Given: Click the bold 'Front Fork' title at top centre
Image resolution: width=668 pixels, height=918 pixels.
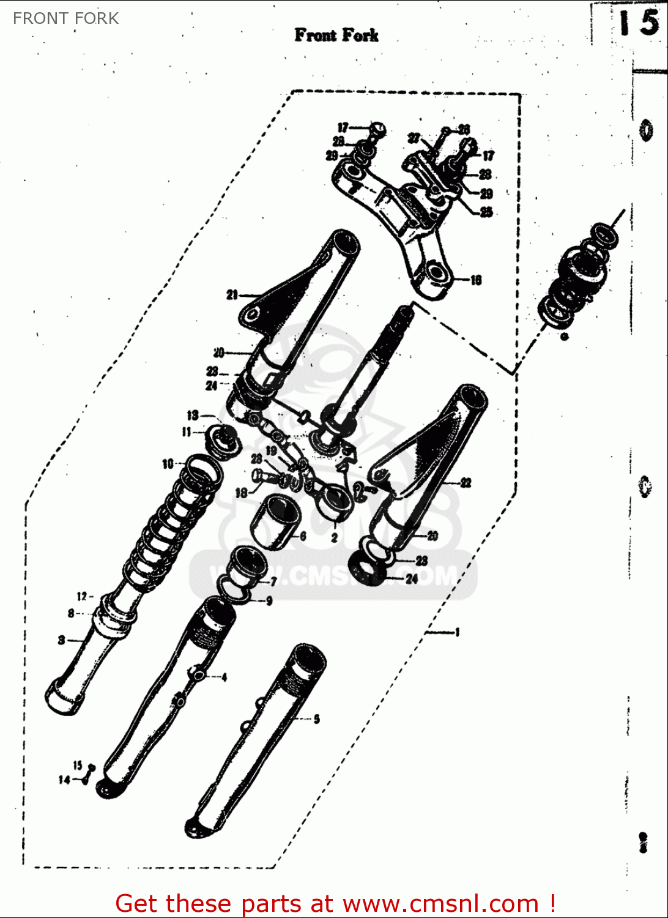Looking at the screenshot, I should pos(336,35).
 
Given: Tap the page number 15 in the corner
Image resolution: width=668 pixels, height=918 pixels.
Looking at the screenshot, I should pos(638,23).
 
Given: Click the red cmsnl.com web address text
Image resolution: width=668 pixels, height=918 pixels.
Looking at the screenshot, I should pos(440,903).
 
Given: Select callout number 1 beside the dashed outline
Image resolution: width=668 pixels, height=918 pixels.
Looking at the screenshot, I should pos(457,632).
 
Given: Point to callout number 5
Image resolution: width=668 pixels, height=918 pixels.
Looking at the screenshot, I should pos(316,719).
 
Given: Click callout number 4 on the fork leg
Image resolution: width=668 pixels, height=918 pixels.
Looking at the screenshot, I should pos(225,677).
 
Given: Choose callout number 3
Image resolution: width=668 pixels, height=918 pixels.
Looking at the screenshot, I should pos(61,640).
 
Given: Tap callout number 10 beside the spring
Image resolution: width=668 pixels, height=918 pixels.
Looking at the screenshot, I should pos(168,464).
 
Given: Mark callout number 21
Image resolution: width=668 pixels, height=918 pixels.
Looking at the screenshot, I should pos(232,295).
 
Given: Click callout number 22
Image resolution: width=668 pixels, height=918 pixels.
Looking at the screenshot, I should pos(466,483).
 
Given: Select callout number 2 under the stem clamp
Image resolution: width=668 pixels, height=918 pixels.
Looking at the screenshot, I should pos(335,538).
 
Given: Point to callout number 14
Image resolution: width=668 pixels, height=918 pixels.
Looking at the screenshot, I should pos(64,780).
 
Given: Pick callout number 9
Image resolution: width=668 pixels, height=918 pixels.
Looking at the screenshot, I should pos(269,601).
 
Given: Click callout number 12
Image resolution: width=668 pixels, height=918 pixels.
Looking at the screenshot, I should pos(82,596).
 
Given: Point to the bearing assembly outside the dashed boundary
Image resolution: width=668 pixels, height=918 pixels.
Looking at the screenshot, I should pos(578,275).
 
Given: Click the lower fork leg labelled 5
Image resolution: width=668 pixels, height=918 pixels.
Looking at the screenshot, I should pos(257,741).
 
